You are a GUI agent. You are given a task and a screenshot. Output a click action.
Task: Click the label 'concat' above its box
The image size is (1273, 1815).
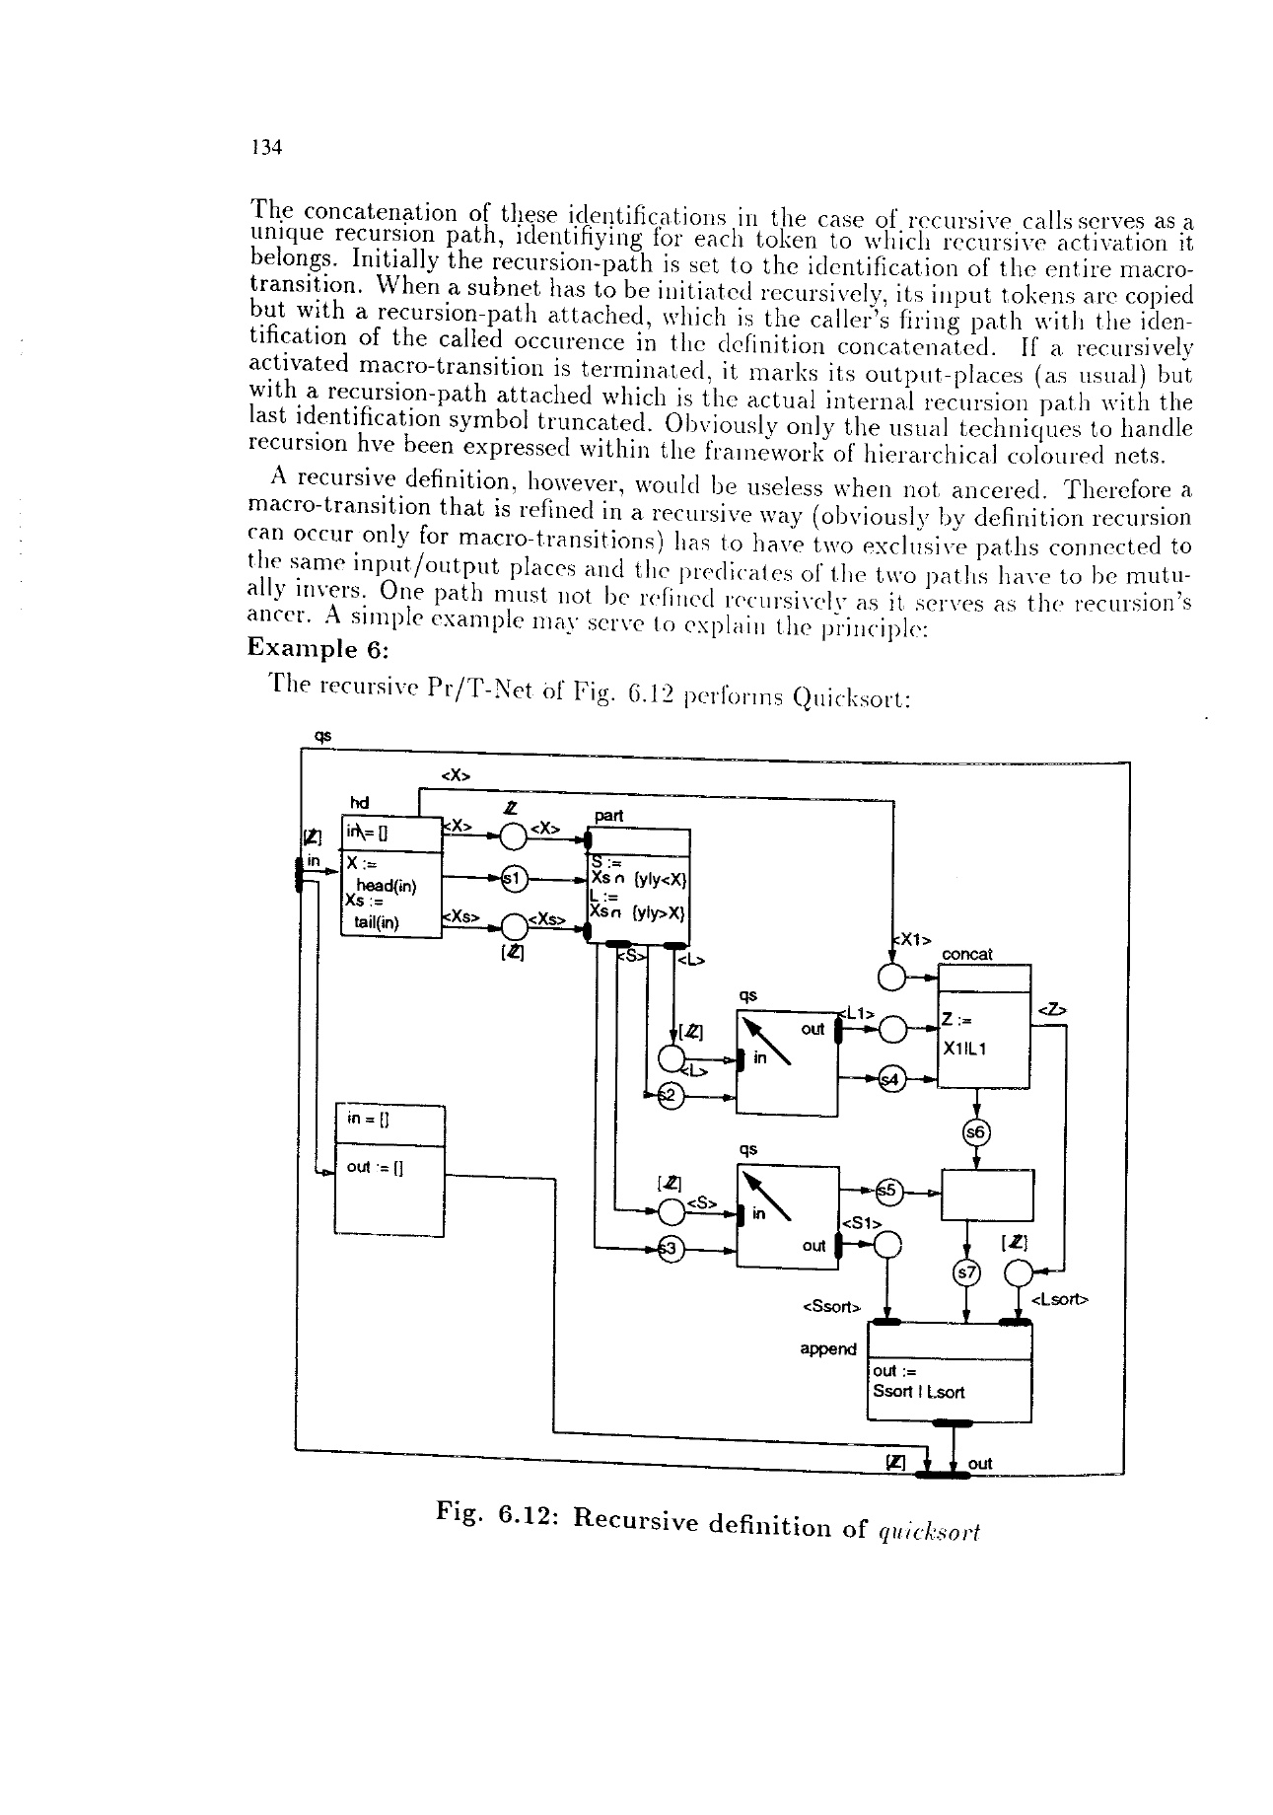pos(967,955)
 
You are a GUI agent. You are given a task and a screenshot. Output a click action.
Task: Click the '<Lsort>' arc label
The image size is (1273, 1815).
pos(1058,1301)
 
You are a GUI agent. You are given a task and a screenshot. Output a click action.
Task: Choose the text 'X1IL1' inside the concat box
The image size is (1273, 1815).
pos(966,1050)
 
